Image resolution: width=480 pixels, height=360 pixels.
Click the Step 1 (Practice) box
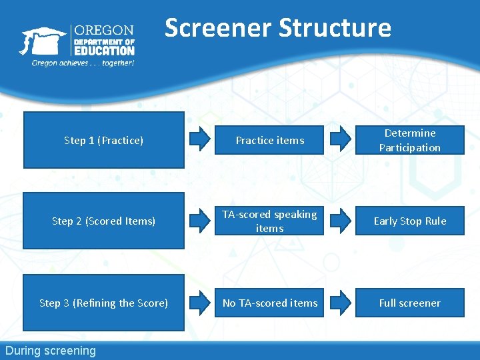point(103,140)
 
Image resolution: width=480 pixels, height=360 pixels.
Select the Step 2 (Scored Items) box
point(103,221)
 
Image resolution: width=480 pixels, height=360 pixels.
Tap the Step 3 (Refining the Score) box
point(103,303)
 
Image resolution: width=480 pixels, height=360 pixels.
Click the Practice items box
point(270,140)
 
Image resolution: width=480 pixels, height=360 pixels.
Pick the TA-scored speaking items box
point(270,221)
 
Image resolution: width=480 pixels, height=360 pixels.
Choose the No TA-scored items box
point(270,303)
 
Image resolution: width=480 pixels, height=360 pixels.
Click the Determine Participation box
point(409,140)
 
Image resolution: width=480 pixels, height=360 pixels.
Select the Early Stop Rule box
point(409,221)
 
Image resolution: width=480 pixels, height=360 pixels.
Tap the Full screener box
point(409,303)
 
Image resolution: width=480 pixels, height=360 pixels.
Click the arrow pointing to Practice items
point(199,139)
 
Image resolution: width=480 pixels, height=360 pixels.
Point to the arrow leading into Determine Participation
point(340,139)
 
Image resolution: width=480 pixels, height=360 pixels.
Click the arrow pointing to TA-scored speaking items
point(199,221)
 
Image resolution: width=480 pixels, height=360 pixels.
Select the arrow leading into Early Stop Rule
point(340,221)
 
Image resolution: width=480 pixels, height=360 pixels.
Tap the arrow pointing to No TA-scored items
point(199,303)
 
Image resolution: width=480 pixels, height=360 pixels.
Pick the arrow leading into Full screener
point(340,303)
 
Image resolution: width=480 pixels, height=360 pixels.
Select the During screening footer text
point(51,351)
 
